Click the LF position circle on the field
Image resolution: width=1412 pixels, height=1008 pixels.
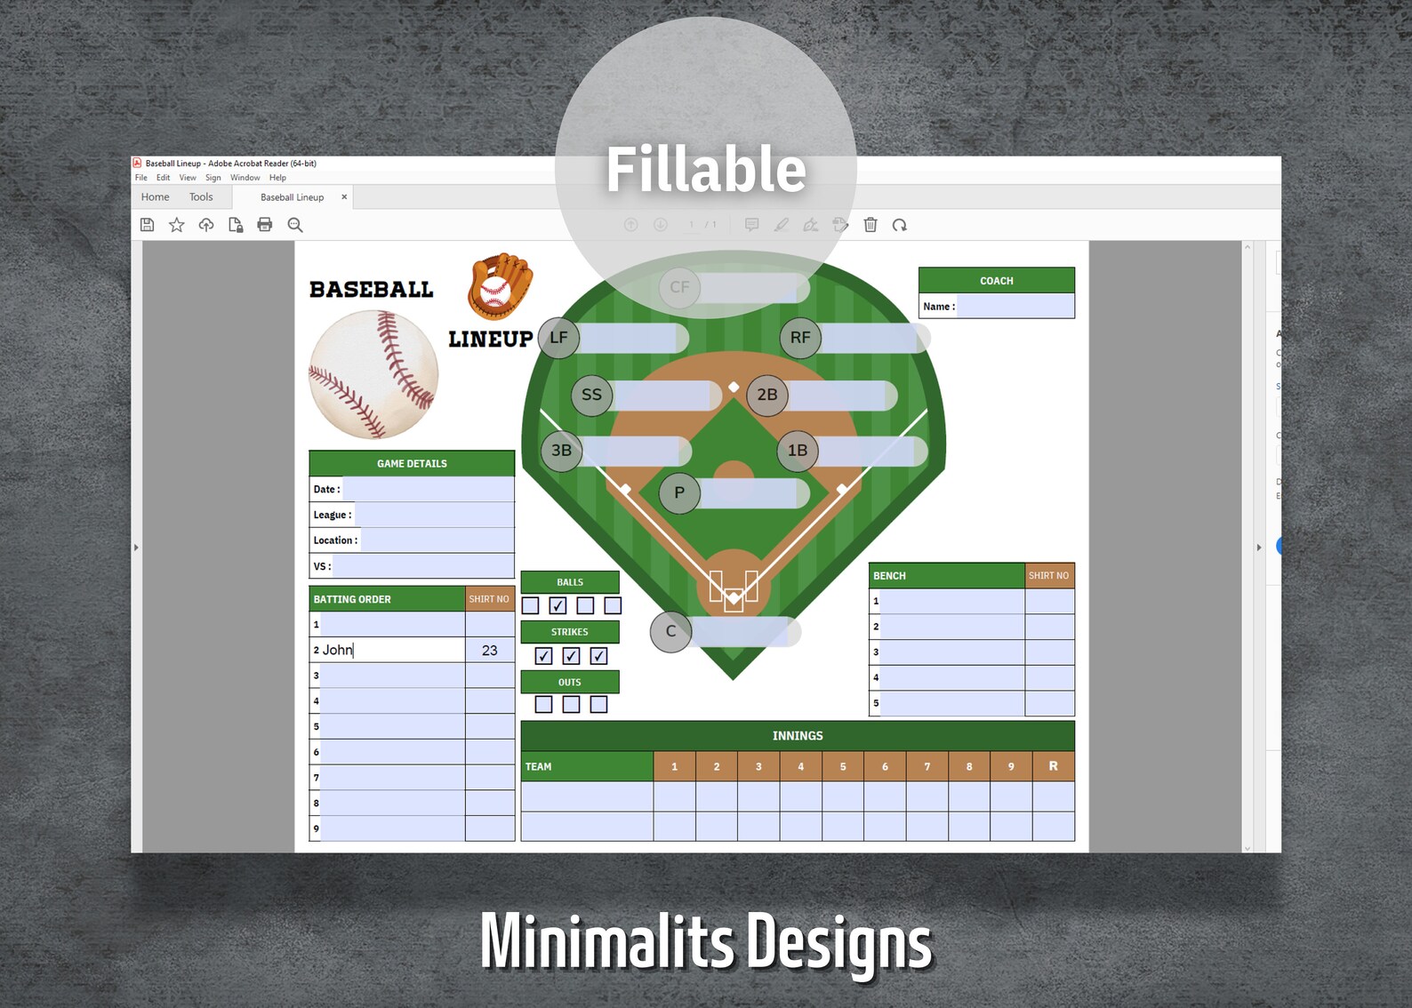(558, 338)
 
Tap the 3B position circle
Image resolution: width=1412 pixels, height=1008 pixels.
(561, 451)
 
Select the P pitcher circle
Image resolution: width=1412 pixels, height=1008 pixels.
(679, 492)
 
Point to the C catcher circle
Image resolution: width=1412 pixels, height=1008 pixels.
(670, 631)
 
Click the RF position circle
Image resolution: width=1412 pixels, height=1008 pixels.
(799, 338)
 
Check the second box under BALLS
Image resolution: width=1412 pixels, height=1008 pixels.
(558, 605)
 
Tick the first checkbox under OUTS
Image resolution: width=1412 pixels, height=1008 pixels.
(543, 704)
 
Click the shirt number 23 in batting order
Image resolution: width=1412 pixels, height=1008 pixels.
(489, 650)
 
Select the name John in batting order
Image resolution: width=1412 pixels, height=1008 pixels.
(338, 650)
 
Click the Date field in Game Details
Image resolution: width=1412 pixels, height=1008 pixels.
(428, 489)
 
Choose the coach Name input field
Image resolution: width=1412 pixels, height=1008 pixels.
(1015, 306)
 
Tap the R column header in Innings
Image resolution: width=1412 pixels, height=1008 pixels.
(1053, 766)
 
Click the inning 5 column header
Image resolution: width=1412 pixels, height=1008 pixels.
(843, 766)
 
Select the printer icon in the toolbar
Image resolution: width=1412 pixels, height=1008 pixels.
(265, 225)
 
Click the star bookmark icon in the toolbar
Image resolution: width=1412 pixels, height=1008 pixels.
(177, 225)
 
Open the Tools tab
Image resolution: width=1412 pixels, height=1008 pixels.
(201, 197)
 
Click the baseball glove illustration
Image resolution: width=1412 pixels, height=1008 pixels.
(500, 285)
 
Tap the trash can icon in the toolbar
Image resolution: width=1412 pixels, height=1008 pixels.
(870, 225)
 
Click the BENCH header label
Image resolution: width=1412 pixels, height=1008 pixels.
(889, 576)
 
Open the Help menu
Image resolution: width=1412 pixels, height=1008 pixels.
(277, 178)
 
